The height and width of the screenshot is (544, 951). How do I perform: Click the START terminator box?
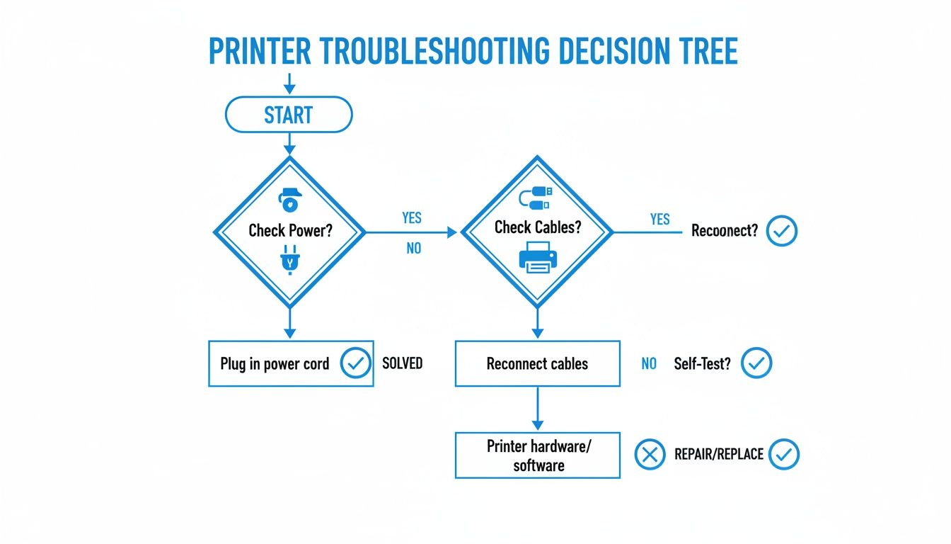(x=288, y=115)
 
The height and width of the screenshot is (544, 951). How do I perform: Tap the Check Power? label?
(x=289, y=231)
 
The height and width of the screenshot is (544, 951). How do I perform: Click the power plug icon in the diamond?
(x=289, y=259)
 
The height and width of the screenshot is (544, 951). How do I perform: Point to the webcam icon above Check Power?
(x=289, y=200)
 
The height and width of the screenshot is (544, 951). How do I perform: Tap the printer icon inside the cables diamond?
(x=536, y=256)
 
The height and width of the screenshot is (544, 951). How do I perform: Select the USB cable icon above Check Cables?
(x=536, y=198)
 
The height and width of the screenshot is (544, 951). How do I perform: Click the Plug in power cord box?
(x=290, y=364)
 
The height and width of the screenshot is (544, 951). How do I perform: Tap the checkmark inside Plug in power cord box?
(x=355, y=363)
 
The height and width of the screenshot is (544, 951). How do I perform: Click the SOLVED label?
(x=402, y=363)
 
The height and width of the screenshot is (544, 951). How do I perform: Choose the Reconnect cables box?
(x=537, y=364)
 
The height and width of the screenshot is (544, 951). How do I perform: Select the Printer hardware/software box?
(x=537, y=455)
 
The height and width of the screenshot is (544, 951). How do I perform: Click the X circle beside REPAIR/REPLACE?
(x=649, y=455)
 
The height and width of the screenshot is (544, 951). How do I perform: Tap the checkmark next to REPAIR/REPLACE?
(x=783, y=455)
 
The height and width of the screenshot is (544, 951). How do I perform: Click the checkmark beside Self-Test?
(x=756, y=363)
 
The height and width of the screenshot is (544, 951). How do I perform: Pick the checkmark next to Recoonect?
(x=782, y=231)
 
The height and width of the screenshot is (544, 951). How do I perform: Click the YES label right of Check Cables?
(x=659, y=220)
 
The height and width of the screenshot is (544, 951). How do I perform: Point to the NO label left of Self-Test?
(x=649, y=364)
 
